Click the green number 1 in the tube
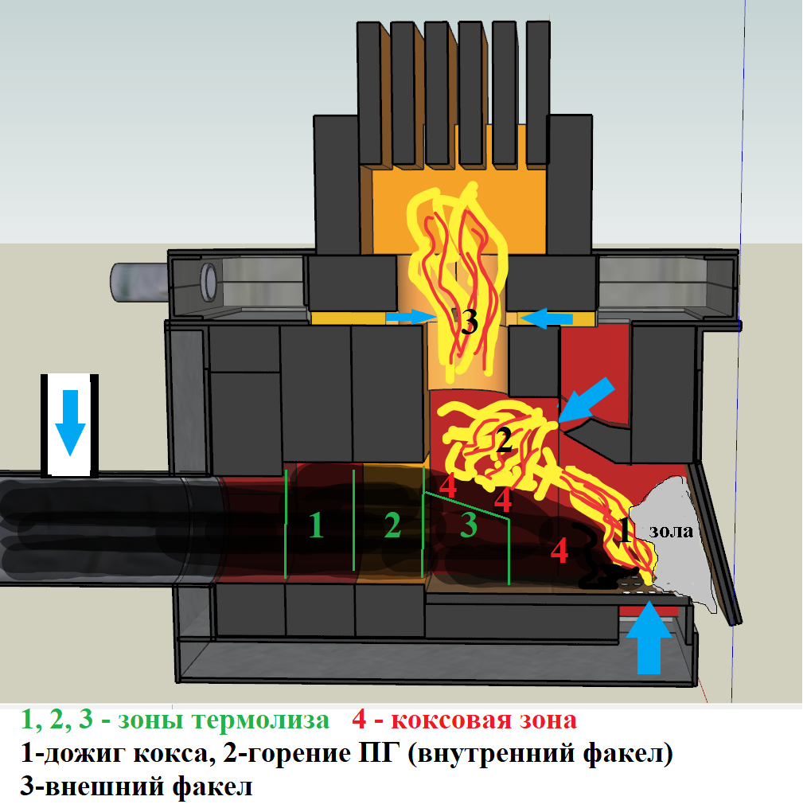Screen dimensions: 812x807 (316, 525)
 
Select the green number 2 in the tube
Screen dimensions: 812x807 (392, 525)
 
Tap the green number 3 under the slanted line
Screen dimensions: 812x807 (468, 525)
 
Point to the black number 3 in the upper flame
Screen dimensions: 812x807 (469, 322)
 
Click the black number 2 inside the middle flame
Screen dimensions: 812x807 (503, 440)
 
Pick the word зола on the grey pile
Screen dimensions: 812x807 (670, 533)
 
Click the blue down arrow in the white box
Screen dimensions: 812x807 (70, 422)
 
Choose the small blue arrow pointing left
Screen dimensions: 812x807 (548, 319)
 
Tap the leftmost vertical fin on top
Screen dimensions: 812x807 (368, 96)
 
